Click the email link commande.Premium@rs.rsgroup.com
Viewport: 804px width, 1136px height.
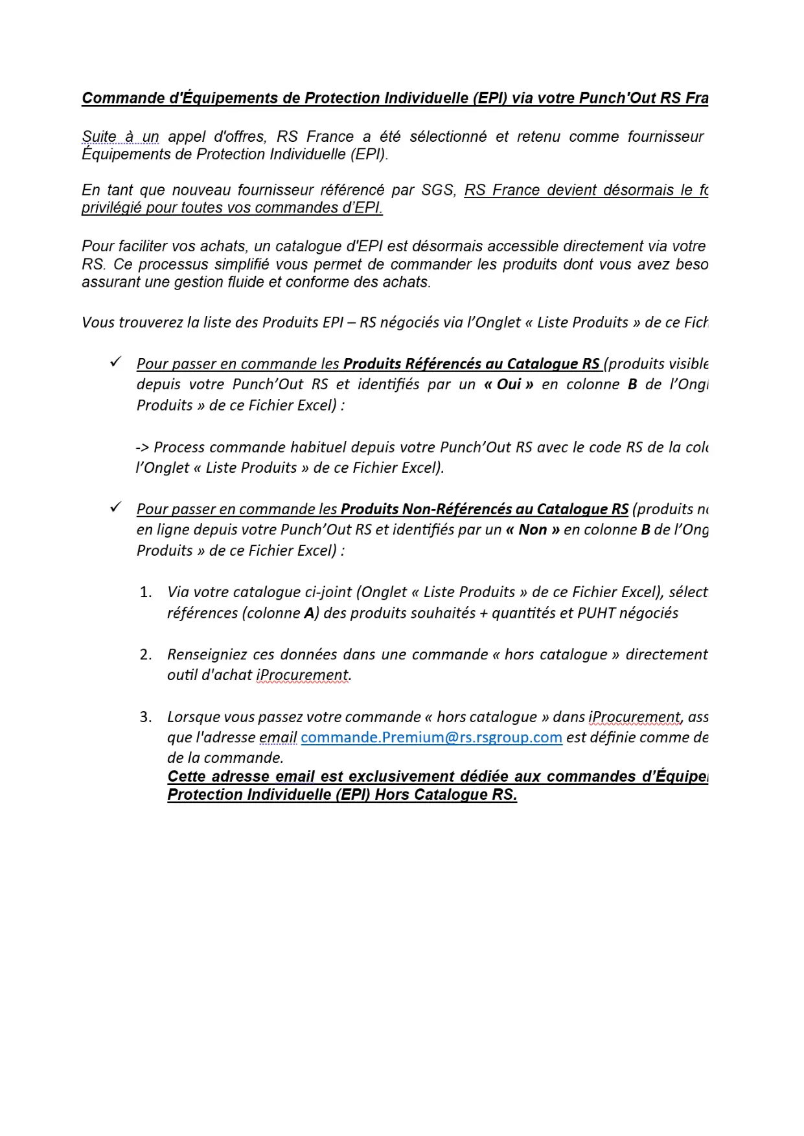431,738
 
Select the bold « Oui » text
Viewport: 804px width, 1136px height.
509,385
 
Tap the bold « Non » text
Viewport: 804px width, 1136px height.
532,530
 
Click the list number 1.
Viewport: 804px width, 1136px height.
146,592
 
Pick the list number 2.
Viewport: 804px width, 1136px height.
146,655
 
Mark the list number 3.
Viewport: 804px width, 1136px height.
146,717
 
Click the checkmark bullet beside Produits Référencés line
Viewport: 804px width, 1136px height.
116,362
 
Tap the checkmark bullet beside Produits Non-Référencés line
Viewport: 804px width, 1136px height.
116,507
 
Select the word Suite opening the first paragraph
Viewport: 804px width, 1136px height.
99,137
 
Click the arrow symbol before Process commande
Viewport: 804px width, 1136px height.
143,448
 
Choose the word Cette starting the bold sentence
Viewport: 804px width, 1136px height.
187,777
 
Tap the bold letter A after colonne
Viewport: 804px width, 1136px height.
309,613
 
